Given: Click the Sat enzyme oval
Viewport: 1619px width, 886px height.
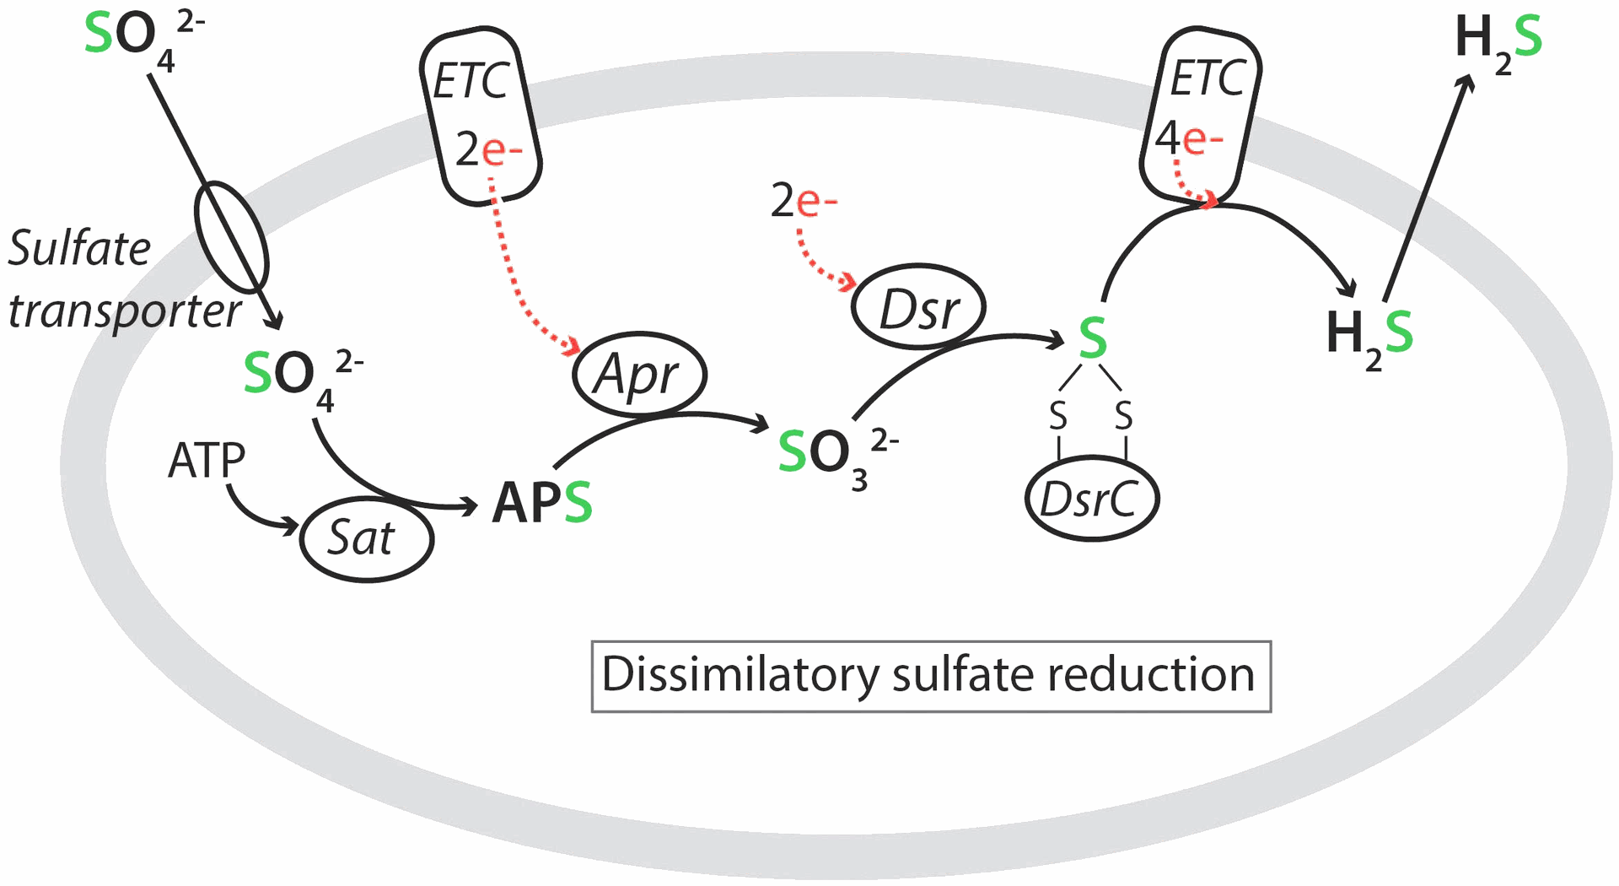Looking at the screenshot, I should tap(367, 538).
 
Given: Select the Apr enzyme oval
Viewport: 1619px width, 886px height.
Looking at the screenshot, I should tap(639, 374).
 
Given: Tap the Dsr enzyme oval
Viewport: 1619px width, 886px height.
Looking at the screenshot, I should tap(918, 308).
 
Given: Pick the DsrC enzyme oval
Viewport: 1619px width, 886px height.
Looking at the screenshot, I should tap(1092, 499).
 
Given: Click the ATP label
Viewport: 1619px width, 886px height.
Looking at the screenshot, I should tap(207, 461).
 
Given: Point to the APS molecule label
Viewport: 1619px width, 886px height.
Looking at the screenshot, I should tap(542, 503).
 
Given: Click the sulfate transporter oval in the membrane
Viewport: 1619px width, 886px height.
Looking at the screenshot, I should tap(232, 237).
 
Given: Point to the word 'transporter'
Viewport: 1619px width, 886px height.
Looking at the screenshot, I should tap(125, 311).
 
